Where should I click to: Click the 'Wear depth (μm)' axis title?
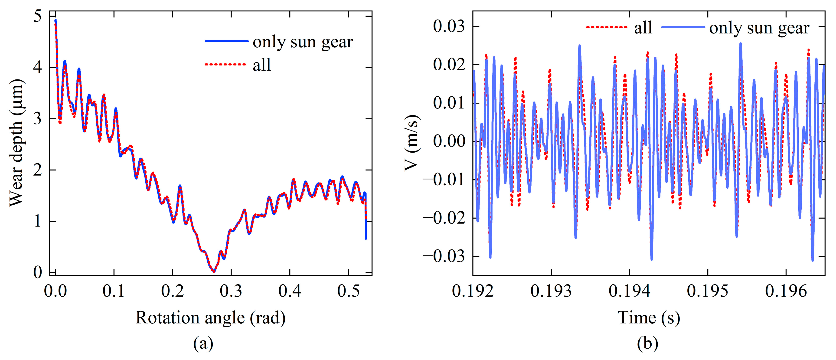[16, 143]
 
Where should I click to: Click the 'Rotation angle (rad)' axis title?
[210, 317]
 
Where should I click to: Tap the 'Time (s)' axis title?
[648, 317]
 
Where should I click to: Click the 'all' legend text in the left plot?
[261, 65]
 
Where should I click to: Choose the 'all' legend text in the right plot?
[643, 28]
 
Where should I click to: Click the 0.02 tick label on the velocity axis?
[449, 65]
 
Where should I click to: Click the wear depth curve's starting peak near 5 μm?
[56, 21]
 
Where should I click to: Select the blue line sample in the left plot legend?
[226, 41]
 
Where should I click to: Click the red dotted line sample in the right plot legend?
[606, 27]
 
